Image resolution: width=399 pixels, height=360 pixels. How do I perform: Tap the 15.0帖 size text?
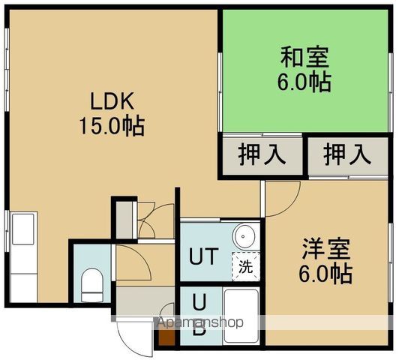point(112,124)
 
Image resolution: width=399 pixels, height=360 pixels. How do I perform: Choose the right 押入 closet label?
point(347,155)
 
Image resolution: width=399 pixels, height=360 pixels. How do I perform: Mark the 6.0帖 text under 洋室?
point(327,274)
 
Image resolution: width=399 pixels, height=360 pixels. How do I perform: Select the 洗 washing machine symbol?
point(245,265)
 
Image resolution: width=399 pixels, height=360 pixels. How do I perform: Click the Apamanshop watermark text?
point(199,323)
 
